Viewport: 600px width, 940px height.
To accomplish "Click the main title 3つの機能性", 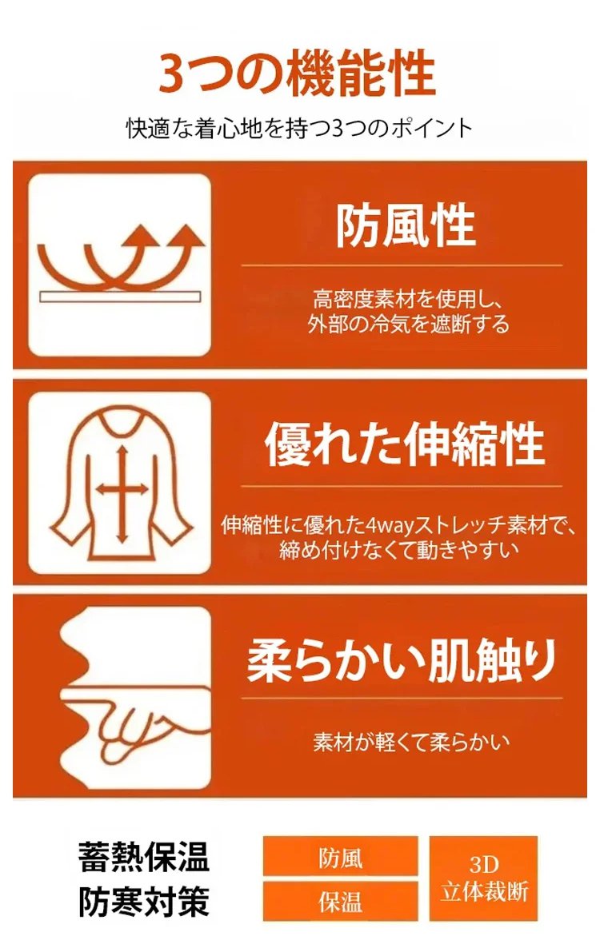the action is point(298,74).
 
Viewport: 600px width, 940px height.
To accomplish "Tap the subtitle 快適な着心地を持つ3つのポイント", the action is point(299,128).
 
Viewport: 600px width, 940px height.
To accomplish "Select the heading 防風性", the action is point(406,225).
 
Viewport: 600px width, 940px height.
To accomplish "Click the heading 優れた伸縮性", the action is point(405,444).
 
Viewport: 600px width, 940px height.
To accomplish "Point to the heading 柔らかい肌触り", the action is point(402,659).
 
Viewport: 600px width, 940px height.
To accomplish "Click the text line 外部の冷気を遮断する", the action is point(409,324).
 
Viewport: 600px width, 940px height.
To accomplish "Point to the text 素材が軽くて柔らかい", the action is point(411,742).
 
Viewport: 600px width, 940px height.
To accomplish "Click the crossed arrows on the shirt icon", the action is point(122,490).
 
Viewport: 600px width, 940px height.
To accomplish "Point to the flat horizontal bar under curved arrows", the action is point(120,297).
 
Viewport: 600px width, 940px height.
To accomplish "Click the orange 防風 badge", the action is point(340,857).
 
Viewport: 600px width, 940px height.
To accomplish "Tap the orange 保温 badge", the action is point(340,901).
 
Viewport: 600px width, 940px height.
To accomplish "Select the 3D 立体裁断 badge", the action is point(483,879).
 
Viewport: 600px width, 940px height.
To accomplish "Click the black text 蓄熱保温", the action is point(143,857).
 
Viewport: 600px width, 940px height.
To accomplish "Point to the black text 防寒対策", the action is point(143,902).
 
